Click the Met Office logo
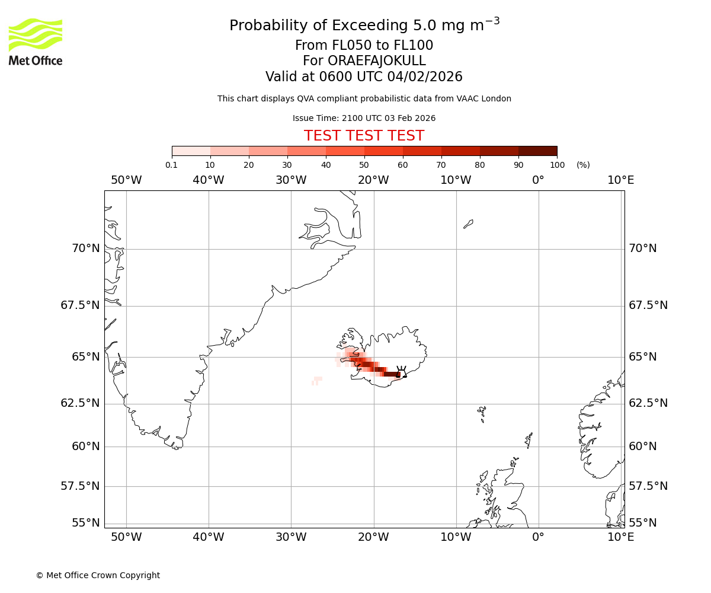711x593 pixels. click(36, 42)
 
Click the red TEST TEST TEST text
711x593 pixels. click(364, 136)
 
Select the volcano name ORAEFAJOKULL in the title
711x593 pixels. click(364, 61)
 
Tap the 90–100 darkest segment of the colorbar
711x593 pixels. click(537, 151)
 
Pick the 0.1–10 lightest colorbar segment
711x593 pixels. click(191, 151)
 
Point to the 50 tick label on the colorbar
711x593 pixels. click(364, 165)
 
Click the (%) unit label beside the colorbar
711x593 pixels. click(583, 165)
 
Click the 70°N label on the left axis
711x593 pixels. click(86, 248)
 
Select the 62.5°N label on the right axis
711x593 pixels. click(648, 403)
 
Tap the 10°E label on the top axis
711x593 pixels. click(620, 180)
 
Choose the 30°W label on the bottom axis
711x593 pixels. click(291, 537)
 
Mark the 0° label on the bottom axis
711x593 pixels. click(538, 537)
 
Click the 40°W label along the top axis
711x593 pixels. click(209, 180)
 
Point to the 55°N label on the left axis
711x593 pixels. click(86, 523)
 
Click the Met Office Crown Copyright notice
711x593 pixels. click(98, 575)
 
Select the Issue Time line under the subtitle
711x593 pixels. click(364, 118)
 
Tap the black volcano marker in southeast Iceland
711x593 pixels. click(402, 372)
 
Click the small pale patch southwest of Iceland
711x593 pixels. click(317, 380)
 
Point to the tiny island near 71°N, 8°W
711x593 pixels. click(468, 224)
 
